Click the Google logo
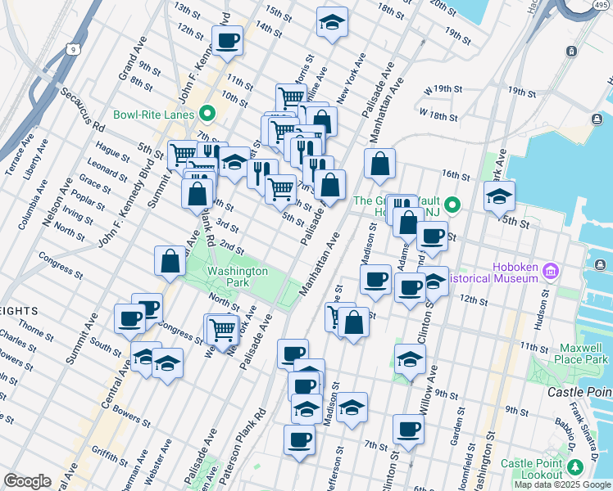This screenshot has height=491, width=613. click(x=27, y=481)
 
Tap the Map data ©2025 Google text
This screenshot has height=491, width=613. click(x=561, y=484)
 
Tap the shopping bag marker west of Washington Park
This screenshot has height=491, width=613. click(x=170, y=261)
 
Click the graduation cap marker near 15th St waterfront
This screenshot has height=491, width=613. click(x=499, y=196)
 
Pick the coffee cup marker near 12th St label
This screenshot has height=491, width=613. click(x=409, y=288)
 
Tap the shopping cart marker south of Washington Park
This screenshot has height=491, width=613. click(x=223, y=330)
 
